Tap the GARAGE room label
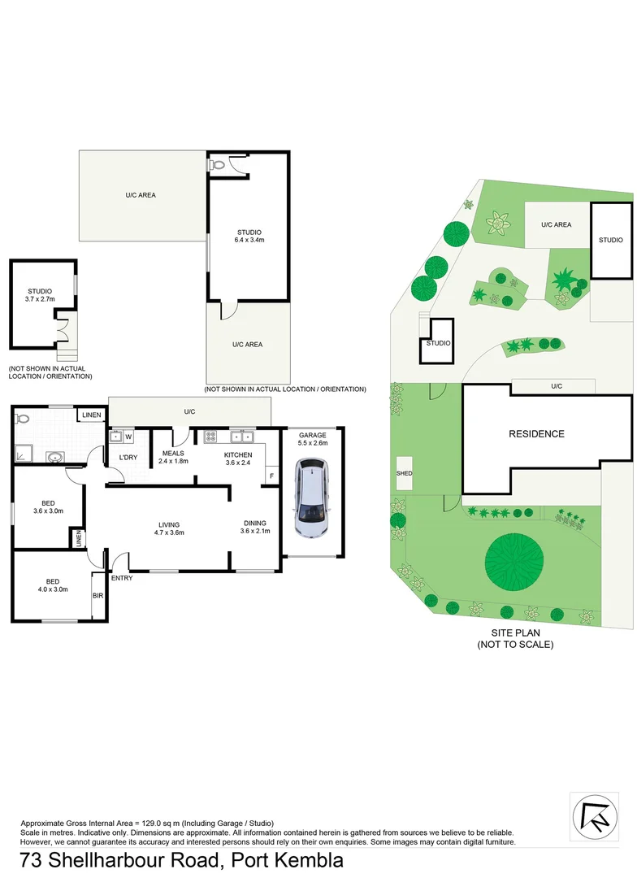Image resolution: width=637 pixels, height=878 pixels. tap(312, 435)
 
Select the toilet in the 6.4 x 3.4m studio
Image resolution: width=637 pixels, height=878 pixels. tap(217, 164)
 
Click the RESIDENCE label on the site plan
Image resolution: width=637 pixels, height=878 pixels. tap(536, 434)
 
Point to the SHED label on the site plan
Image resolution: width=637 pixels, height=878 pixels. tap(404, 473)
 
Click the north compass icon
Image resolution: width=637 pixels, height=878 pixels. tap(593, 815)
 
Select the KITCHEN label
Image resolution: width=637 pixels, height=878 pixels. tap(239, 454)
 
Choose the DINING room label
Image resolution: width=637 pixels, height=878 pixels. tap(255, 523)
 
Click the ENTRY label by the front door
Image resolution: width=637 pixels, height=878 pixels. tap(122, 578)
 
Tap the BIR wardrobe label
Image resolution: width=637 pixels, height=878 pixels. tap(98, 596)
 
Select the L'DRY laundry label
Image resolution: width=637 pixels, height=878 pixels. tap(128, 458)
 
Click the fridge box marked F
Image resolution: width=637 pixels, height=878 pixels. tap(271, 476)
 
